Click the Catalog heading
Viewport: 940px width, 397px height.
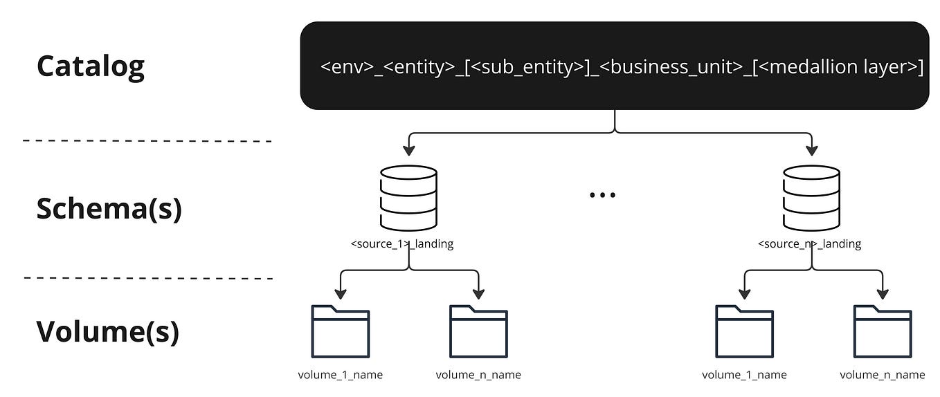click(90, 66)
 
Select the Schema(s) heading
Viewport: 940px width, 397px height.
click(109, 208)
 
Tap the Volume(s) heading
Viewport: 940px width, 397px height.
click(107, 331)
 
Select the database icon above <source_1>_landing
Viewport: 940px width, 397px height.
click(408, 198)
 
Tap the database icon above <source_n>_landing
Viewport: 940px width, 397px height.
click(811, 198)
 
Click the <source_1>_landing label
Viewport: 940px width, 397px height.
click(402, 244)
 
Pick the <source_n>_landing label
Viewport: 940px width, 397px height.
click(809, 244)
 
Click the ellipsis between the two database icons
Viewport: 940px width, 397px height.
click(602, 195)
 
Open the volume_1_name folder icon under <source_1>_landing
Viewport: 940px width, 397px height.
click(340, 331)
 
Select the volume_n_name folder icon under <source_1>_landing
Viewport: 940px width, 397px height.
click(478, 331)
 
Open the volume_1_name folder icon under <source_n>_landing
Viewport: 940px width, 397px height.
click(744, 331)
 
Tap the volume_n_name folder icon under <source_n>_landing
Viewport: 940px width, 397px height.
click(883, 331)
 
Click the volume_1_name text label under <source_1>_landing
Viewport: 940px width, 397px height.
click(340, 375)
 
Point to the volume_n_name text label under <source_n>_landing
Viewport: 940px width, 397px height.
click(883, 375)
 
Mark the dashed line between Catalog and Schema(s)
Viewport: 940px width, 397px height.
click(147, 141)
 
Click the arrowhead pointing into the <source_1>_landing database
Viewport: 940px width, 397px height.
click(408, 151)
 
